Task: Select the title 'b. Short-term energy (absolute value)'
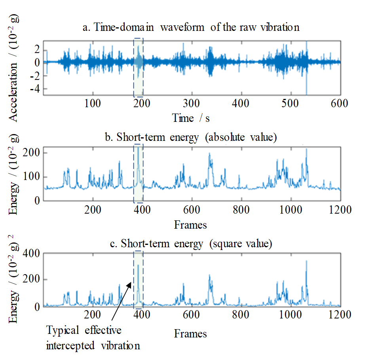[192, 138]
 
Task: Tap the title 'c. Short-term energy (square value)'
[192, 244]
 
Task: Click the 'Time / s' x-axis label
[189, 118]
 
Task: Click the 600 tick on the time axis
[340, 104]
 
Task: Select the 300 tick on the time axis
[192, 104]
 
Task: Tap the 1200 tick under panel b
[340, 210]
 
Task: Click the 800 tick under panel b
[241, 210]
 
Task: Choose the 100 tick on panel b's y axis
[32, 177]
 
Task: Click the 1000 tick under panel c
[290, 315]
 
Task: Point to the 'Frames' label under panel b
[190, 225]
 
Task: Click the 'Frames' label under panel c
[190, 333]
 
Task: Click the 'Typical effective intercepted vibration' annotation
[93, 337]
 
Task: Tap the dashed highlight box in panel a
[138, 68]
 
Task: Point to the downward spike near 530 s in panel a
[306, 89]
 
